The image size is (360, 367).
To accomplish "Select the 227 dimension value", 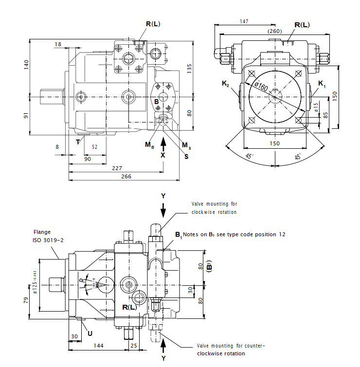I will coord(117,168).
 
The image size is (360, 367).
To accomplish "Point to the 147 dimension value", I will coord(244,21).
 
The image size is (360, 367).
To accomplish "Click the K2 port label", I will coord(225,85).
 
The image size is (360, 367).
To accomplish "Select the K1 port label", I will coord(322,85).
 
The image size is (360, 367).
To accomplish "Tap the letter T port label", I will coord(77,142).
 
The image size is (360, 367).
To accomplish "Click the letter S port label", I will coord(186,156).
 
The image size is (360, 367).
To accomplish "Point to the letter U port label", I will coord(90,333).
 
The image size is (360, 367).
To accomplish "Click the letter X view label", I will coord(163,155).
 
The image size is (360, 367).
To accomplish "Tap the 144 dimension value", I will coord(99,345).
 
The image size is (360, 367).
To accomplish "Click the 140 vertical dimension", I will coord(26,64).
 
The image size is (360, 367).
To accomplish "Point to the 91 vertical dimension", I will coord(26,115).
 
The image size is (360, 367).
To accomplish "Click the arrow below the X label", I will coord(163,143).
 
